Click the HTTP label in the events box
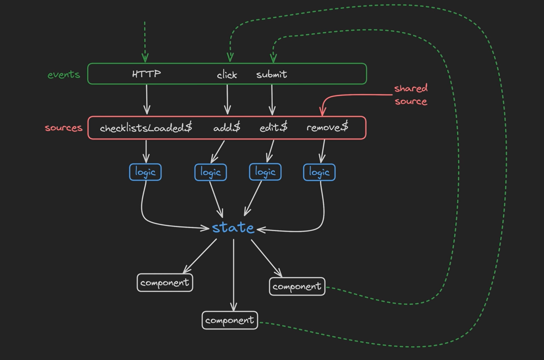[147, 74]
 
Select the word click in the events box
[227, 75]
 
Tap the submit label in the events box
[272, 74]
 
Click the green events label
[64, 74]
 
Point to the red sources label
[64, 128]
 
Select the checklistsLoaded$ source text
[146, 128]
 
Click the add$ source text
[227, 127]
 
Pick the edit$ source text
[273, 127]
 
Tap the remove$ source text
[327, 127]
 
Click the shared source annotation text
[411, 95]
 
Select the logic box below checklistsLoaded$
[145, 172]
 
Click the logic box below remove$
[319, 172]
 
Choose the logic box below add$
[211, 172]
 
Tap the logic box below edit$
[265, 172]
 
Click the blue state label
[233, 228]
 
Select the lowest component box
[230, 320]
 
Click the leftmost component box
[165, 283]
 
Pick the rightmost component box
[297, 287]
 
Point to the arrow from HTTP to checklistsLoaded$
[147, 99]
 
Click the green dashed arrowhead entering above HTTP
[145, 58]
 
